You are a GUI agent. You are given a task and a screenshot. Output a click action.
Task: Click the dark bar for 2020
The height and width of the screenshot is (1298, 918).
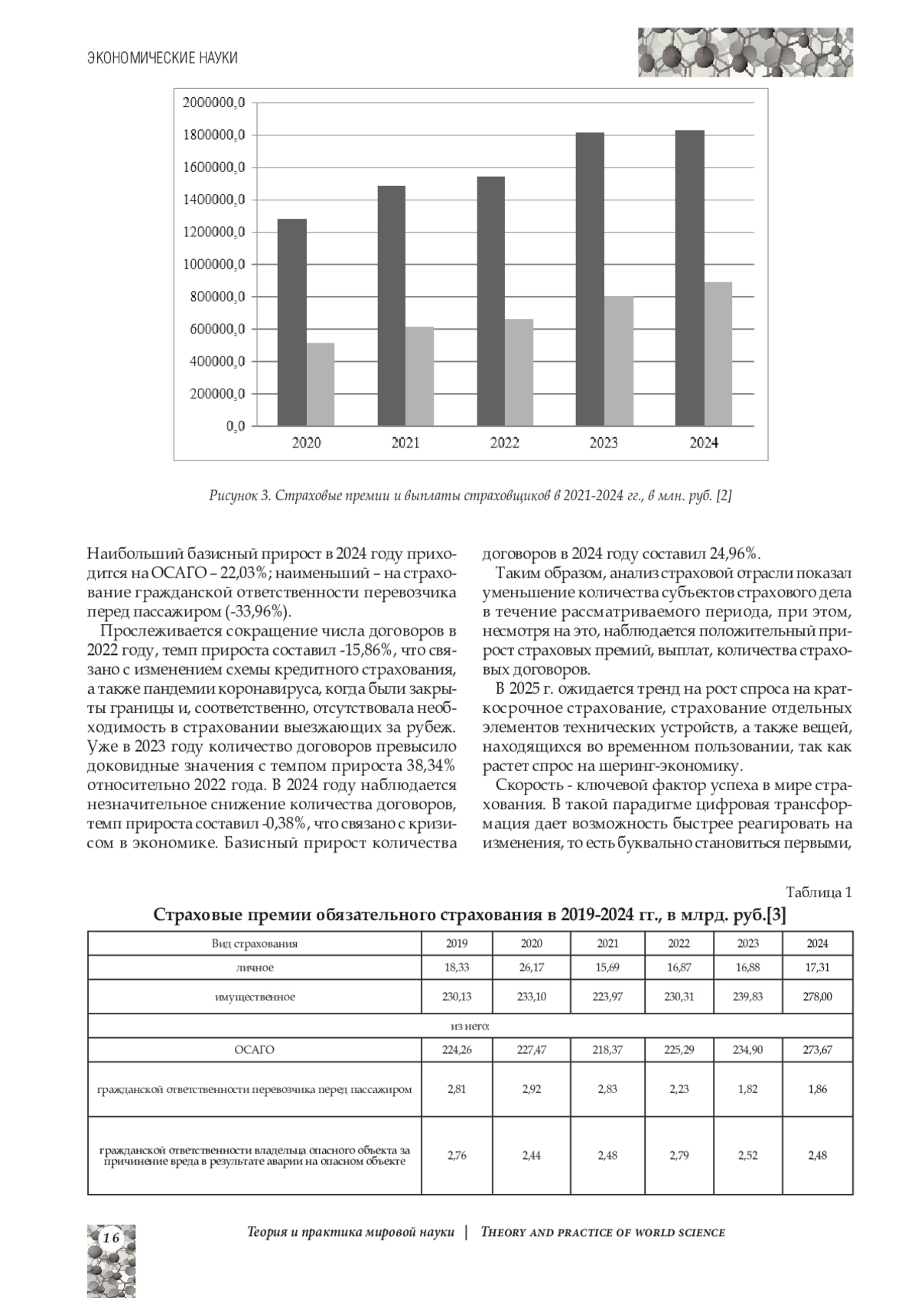[291, 322]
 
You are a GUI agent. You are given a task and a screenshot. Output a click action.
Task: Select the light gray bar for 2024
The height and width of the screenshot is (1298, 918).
[718, 353]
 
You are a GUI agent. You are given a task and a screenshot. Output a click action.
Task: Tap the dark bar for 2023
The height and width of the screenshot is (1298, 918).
[590, 279]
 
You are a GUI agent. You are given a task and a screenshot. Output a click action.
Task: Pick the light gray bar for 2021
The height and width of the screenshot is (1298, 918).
[419, 376]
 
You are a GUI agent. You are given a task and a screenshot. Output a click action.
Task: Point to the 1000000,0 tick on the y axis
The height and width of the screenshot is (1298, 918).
[214, 265]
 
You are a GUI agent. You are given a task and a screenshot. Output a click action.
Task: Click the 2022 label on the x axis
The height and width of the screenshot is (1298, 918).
[504, 443]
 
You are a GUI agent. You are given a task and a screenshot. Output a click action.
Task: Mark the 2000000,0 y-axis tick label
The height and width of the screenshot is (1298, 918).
[214, 103]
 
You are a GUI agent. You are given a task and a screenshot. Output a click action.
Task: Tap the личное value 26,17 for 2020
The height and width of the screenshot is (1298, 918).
[532, 968]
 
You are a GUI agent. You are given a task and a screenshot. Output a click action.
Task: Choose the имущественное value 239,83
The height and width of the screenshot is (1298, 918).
[747, 997]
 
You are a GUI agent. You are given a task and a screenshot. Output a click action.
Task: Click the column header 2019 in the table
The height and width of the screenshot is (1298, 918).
[457, 944]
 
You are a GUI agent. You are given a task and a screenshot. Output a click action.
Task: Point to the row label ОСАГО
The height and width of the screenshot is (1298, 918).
[254, 1050]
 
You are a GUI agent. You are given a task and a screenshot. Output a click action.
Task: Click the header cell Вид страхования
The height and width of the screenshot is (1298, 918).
[254, 944]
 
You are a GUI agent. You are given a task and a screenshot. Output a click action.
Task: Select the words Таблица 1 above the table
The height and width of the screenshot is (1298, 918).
[819, 892]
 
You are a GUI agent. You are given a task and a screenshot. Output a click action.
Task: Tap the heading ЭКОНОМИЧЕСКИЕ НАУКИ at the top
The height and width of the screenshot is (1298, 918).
[162, 58]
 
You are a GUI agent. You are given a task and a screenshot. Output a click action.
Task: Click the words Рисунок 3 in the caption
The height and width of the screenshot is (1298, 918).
[239, 496]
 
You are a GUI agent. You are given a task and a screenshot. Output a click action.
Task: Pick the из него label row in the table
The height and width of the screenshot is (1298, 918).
[470, 1026]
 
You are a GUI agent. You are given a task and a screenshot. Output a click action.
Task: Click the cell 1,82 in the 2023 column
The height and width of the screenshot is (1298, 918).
[747, 1089]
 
